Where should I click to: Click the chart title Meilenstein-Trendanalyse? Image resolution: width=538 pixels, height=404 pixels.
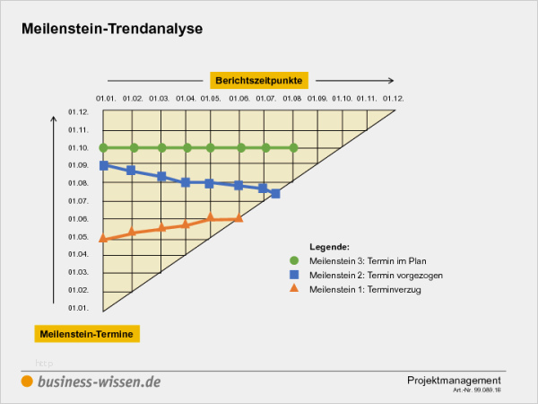click(x=112, y=29)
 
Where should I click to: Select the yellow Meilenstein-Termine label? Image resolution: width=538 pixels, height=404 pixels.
click(x=87, y=334)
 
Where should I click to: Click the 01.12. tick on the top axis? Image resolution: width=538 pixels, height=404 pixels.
click(x=393, y=98)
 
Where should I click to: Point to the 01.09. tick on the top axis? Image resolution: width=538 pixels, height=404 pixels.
click(x=317, y=98)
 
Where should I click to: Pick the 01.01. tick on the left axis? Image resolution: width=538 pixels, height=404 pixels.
click(x=78, y=308)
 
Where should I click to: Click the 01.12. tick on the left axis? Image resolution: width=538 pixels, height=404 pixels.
click(x=78, y=112)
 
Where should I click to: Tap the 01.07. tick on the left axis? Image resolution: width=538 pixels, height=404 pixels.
click(x=78, y=201)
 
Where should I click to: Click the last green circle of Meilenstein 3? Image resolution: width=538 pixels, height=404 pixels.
click(x=294, y=147)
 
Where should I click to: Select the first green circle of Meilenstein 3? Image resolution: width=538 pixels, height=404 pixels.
click(x=104, y=147)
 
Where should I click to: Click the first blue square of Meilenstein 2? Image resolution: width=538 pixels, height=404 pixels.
click(x=104, y=165)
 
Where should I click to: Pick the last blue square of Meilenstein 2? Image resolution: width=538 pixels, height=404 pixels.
click(x=275, y=193)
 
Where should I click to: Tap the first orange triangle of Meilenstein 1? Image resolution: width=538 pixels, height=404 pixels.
click(x=104, y=238)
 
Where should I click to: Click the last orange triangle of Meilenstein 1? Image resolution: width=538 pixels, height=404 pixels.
click(x=238, y=217)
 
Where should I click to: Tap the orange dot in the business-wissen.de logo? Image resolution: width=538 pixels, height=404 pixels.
click(x=28, y=382)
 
